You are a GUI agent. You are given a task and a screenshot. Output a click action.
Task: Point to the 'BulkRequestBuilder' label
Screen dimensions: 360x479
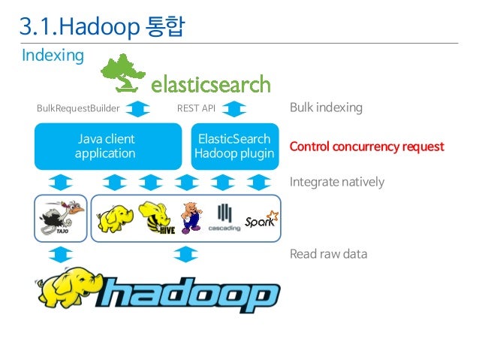coord(78,108)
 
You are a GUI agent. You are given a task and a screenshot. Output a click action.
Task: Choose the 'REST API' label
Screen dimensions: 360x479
coord(196,108)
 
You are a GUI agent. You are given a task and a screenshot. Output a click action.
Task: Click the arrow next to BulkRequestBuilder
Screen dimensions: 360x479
coord(137,108)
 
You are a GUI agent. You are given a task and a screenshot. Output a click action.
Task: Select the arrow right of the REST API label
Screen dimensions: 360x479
coord(235,108)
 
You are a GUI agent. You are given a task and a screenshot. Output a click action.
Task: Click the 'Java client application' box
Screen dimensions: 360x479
coord(106,146)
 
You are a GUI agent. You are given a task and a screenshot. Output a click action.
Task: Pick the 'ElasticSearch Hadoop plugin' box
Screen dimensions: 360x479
coord(234,146)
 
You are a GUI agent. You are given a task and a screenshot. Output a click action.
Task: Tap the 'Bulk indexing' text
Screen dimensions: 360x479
coord(326,107)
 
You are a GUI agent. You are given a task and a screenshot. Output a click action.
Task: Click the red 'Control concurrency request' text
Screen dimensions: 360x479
coord(366,146)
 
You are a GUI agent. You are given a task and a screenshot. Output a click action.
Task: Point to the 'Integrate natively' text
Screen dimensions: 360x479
coord(336,182)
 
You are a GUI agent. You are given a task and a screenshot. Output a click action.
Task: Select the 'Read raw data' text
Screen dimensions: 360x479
coord(328,253)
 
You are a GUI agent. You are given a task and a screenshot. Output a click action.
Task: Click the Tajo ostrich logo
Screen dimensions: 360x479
coord(59,218)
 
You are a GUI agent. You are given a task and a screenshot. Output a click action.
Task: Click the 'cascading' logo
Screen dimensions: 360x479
coord(224,218)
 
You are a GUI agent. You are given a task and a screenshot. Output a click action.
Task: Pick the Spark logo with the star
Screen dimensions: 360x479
coord(261,219)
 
